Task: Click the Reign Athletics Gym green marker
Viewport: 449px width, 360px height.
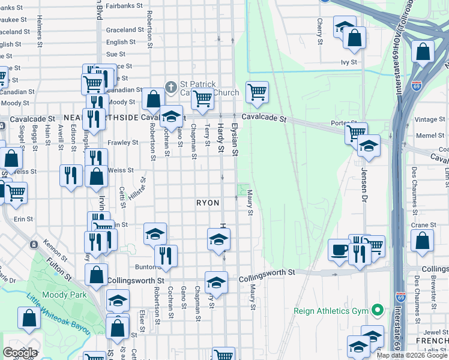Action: point(377,311)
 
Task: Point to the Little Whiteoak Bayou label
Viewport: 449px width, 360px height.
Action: point(58,313)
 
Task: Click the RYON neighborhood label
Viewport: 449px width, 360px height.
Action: point(208,203)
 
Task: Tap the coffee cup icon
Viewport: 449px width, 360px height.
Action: point(339,249)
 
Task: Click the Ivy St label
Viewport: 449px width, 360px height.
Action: point(349,62)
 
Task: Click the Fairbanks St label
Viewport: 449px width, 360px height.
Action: point(124,5)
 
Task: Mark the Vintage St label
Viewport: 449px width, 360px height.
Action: point(430,119)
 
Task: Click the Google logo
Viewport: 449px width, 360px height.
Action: point(20,353)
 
